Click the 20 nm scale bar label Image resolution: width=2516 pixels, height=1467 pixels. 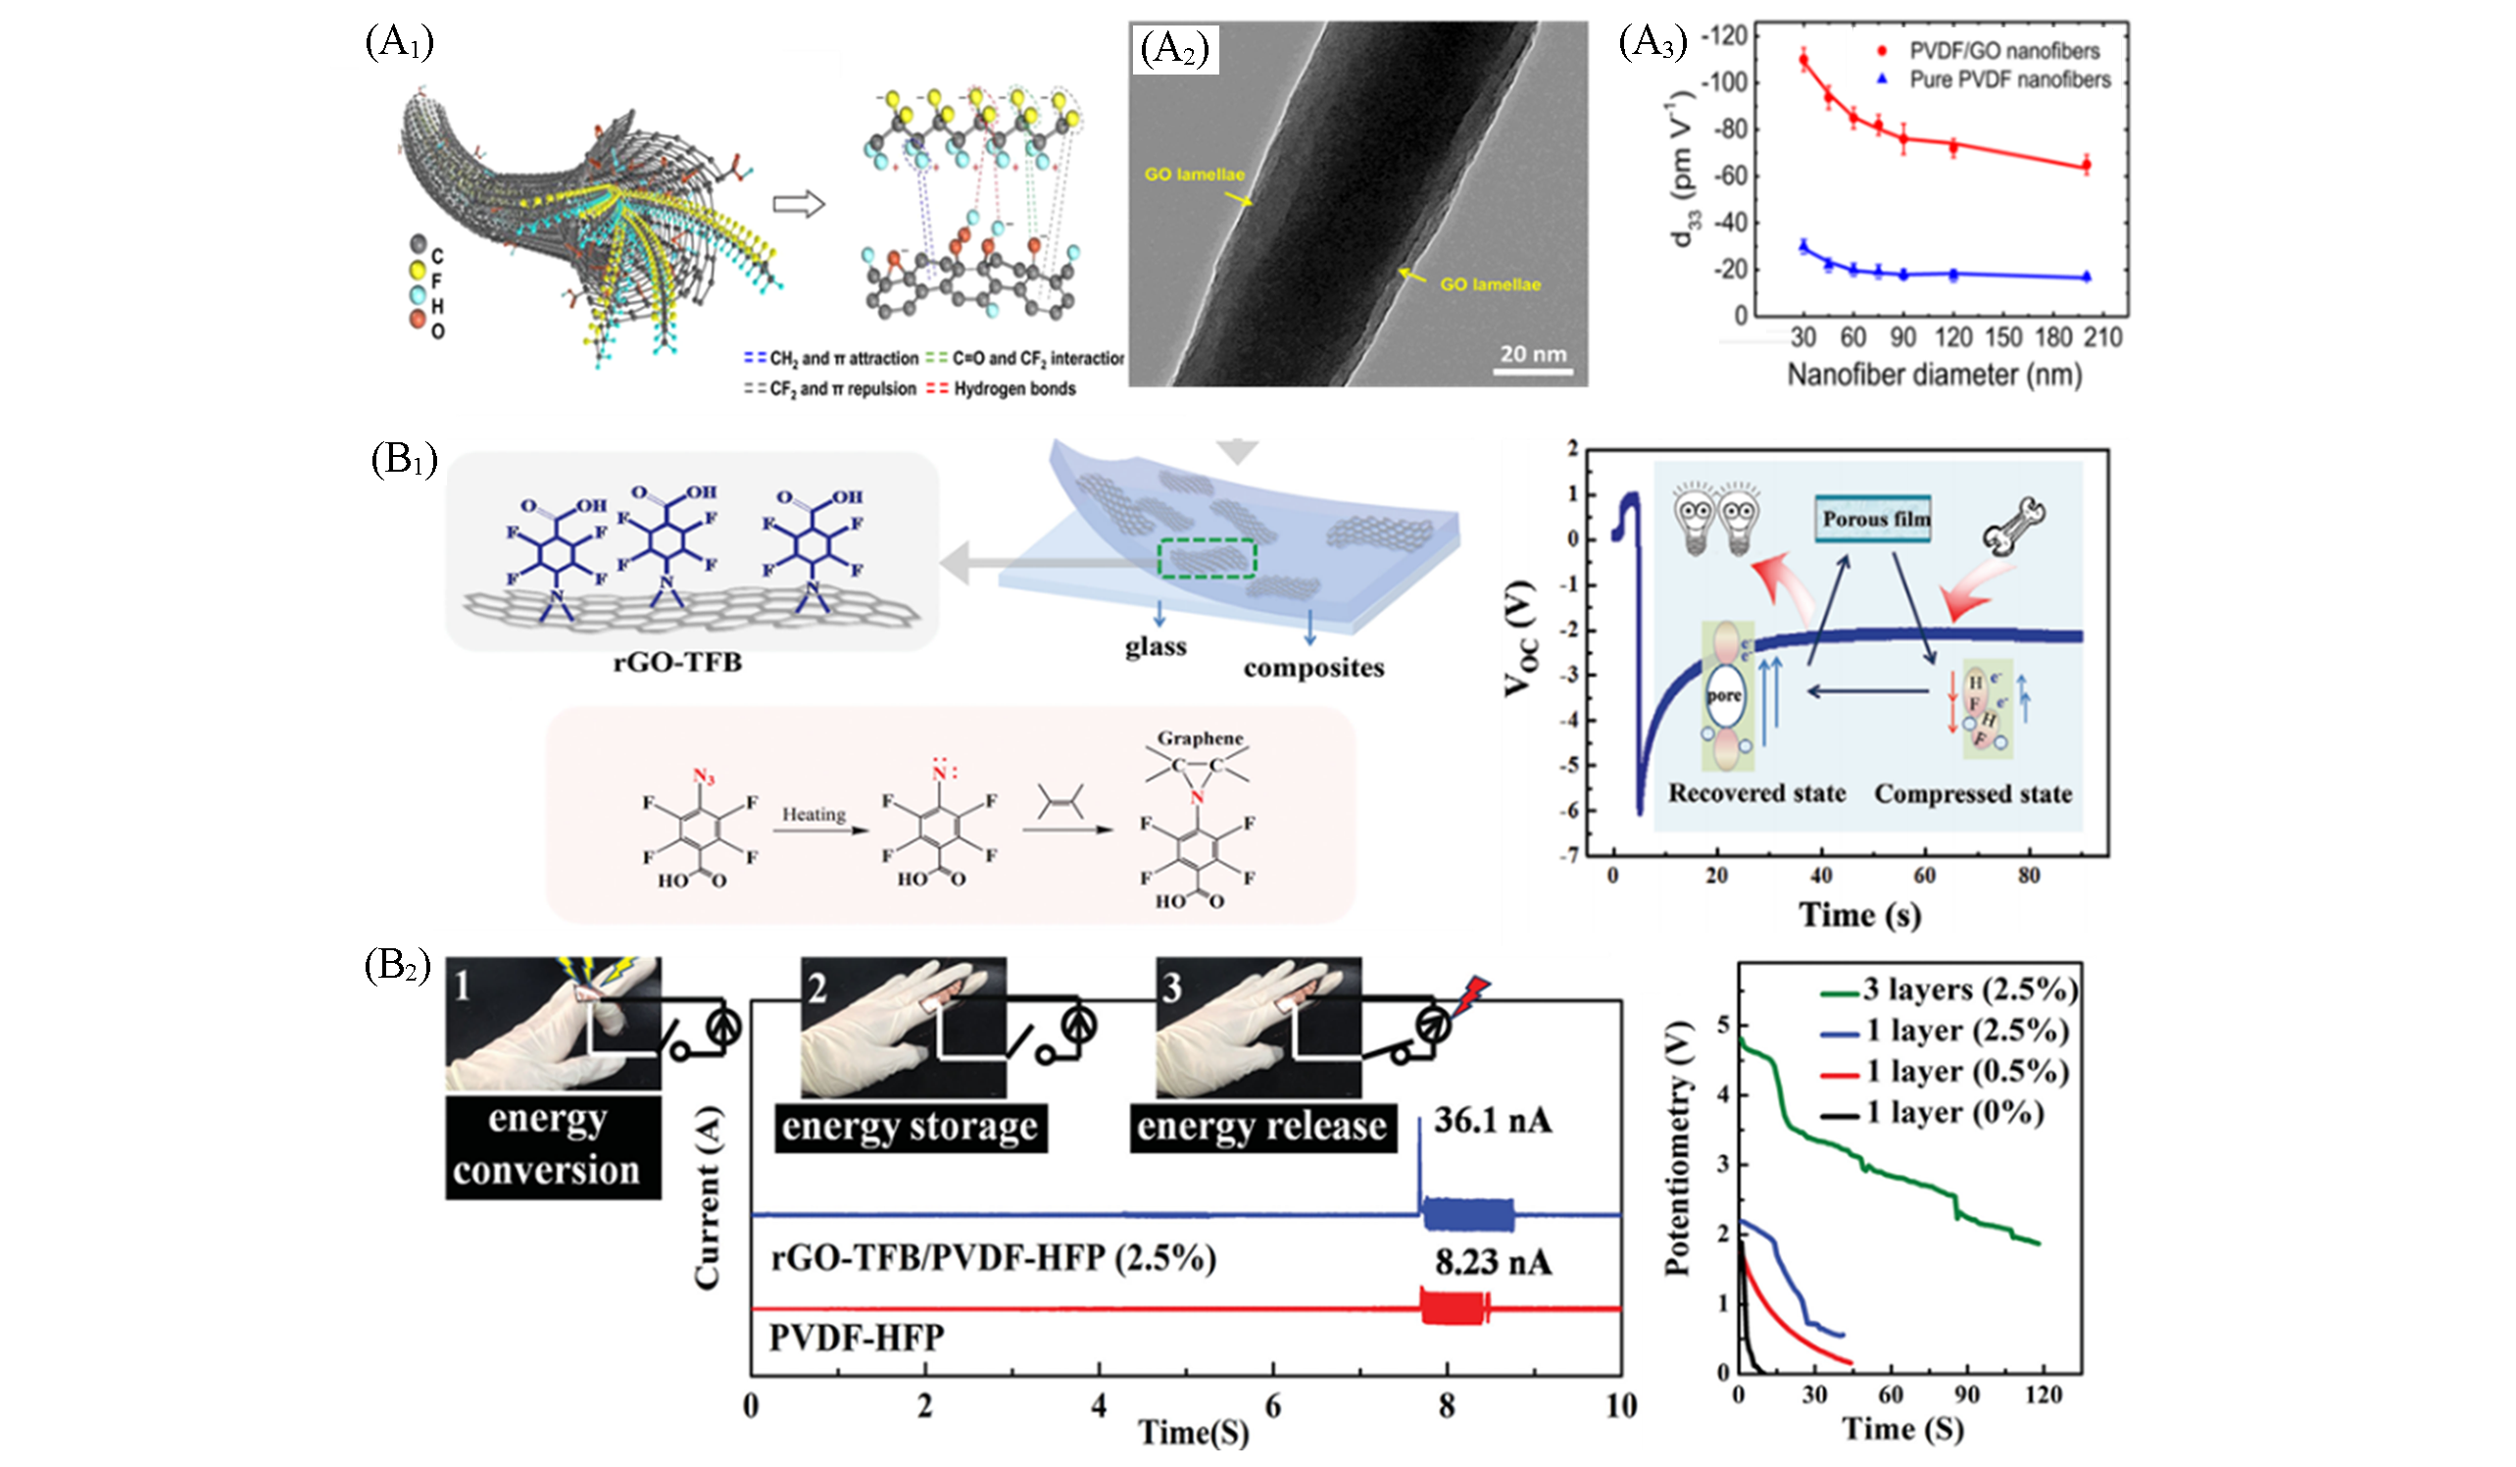click(x=1533, y=354)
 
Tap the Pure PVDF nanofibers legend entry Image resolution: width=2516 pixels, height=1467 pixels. click(x=2008, y=78)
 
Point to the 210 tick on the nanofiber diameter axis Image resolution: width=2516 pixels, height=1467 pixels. click(x=2102, y=336)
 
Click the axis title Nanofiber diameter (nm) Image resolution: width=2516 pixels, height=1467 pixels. click(x=1934, y=376)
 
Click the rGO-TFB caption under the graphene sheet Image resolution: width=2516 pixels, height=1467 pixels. click(x=678, y=663)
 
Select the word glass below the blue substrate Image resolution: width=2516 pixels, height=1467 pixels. click(x=1157, y=647)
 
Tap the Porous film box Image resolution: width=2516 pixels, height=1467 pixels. click(x=1874, y=519)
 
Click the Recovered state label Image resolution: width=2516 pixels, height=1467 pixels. click(x=1756, y=793)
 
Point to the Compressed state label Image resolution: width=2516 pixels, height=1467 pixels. click(x=1973, y=794)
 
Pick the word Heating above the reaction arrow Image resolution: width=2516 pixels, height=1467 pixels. click(x=813, y=814)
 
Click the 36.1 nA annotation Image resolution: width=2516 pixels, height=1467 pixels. click(x=1493, y=1121)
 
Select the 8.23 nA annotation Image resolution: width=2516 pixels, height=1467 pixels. click(x=1493, y=1262)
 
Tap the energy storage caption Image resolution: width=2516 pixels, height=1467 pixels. click(x=910, y=1127)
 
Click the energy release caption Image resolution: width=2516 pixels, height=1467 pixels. click(x=1262, y=1127)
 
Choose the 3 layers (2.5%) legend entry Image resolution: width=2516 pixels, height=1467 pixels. click(x=1968, y=989)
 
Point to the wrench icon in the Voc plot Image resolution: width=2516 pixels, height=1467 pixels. click(x=2014, y=527)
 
